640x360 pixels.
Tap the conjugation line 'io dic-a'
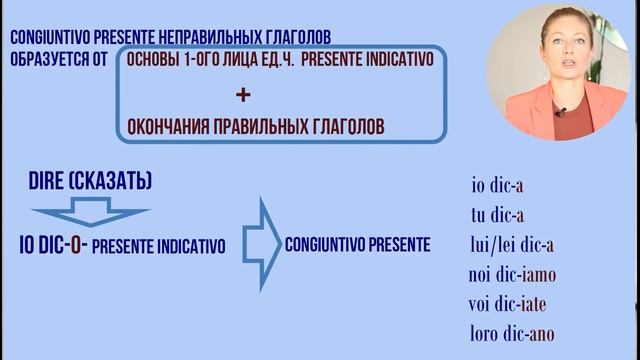(x=498, y=185)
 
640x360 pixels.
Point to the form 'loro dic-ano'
(x=512, y=333)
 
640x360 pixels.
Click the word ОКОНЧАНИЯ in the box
(x=166, y=127)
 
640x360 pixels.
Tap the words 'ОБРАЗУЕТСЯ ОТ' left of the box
(x=57, y=60)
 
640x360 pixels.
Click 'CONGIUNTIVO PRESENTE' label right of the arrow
(x=357, y=244)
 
